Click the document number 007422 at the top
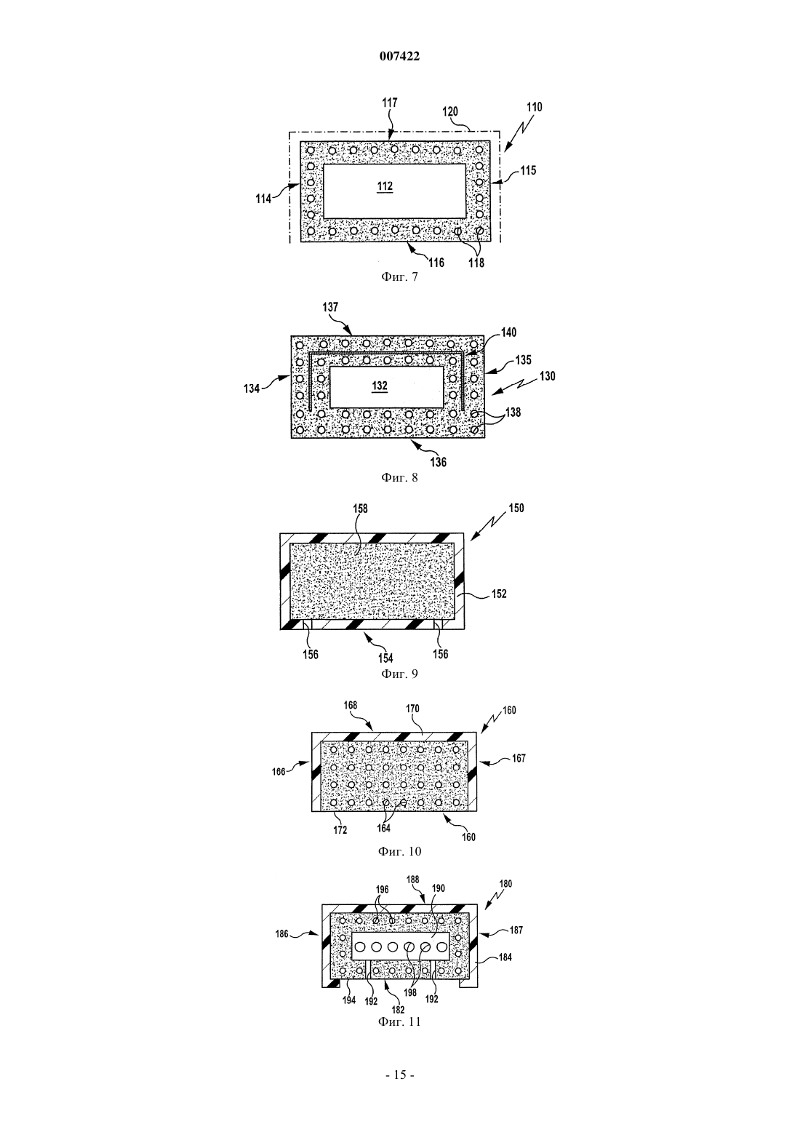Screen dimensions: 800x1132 click(399, 57)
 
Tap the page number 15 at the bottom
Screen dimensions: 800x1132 click(399, 1075)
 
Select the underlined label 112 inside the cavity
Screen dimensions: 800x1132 click(385, 186)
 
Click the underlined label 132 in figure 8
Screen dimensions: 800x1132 click(380, 386)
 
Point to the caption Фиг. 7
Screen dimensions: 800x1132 click(399, 277)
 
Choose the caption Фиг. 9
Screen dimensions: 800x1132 click(399, 674)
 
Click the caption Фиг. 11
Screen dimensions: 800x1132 click(399, 1021)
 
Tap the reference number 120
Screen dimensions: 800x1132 click(450, 111)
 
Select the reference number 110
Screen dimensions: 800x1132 click(534, 107)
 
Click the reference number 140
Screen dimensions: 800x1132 click(508, 332)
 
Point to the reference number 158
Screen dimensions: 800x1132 click(361, 509)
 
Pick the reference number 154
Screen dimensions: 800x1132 click(385, 658)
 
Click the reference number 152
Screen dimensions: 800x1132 click(499, 594)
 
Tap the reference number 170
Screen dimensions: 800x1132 click(412, 709)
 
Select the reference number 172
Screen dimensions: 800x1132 click(340, 830)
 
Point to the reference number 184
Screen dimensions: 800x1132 click(505, 957)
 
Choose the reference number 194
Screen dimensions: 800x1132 click(349, 1000)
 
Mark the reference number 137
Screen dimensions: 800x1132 click(329, 307)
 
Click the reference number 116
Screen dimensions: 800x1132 click(436, 263)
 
